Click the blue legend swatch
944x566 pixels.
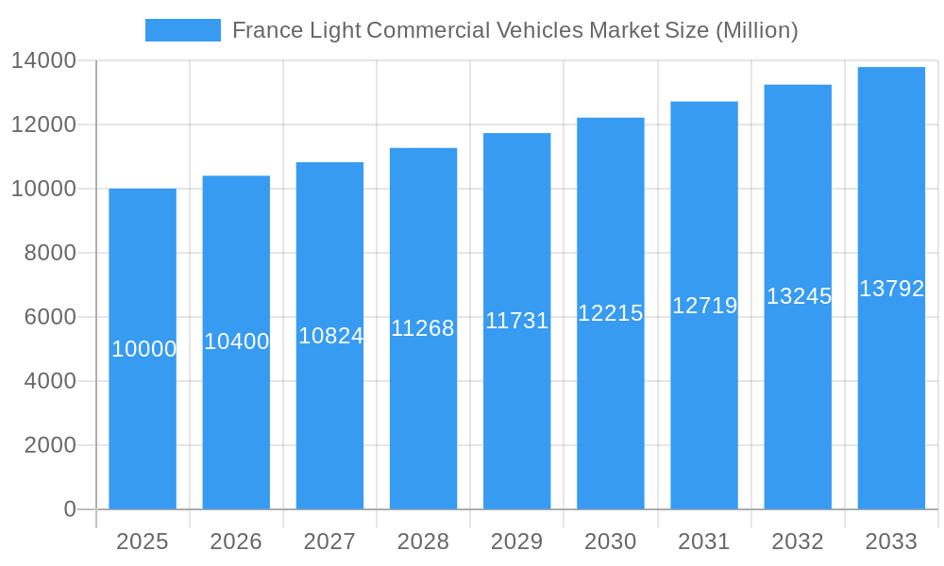(x=182, y=30)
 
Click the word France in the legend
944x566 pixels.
(x=262, y=30)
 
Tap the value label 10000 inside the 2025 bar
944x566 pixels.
(x=143, y=349)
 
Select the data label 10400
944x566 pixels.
(x=236, y=341)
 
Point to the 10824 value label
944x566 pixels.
(x=330, y=335)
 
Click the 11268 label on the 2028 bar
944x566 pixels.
(x=423, y=328)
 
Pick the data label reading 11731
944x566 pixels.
(x=516, y=321)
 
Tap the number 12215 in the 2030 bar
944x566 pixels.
(x=610, y=313)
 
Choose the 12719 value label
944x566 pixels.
(x=704, y=306)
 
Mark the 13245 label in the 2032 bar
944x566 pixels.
(x=799, y=296)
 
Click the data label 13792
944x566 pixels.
(x=891, y=289)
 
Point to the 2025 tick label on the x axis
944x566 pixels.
(x=143, y=541)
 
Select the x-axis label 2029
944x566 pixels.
(x=516, y=541)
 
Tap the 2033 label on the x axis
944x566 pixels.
(x=891, y=541)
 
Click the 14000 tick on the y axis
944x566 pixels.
(x=43, y=60)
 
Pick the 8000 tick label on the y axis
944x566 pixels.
(x=49, y=253)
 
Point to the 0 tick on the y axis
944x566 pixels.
(x=69, y=509)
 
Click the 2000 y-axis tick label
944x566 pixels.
(x=49, y=445)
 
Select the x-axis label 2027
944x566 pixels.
(x=329, y=541)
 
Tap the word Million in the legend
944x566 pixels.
(x=757, y=30)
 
